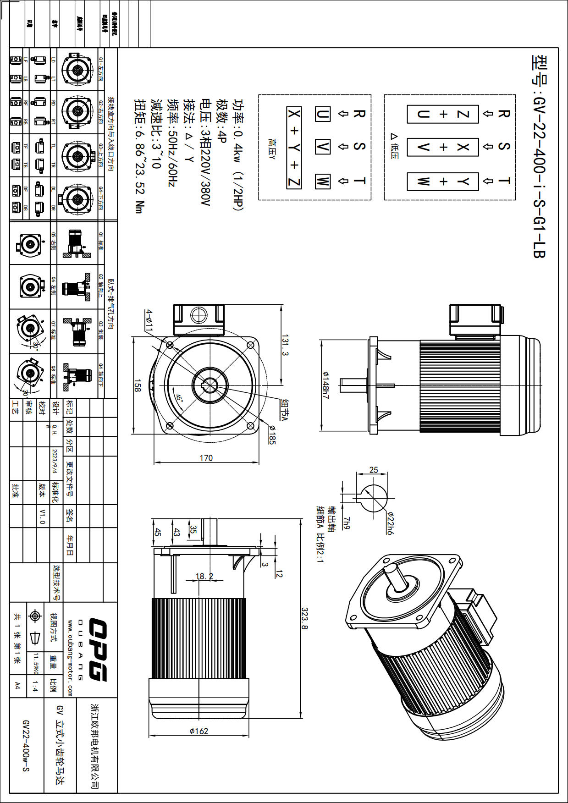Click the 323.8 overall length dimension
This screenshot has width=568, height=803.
point(304,618)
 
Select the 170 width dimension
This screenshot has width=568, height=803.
point(206,458)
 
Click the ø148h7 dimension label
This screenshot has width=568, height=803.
point(325,384)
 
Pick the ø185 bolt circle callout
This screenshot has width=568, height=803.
point(272,435)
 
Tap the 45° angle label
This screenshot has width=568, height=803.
point(179,398)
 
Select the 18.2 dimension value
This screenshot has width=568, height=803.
point(204,576)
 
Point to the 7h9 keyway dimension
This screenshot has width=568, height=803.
point(346,523)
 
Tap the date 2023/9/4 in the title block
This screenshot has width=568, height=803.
point(55,461)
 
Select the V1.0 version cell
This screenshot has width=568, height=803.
point(42,516)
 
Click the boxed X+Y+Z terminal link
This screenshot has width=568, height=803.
point(294,148)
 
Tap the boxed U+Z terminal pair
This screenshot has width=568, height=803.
point(442,114)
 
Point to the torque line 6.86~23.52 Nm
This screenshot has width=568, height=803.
point(139,156)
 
